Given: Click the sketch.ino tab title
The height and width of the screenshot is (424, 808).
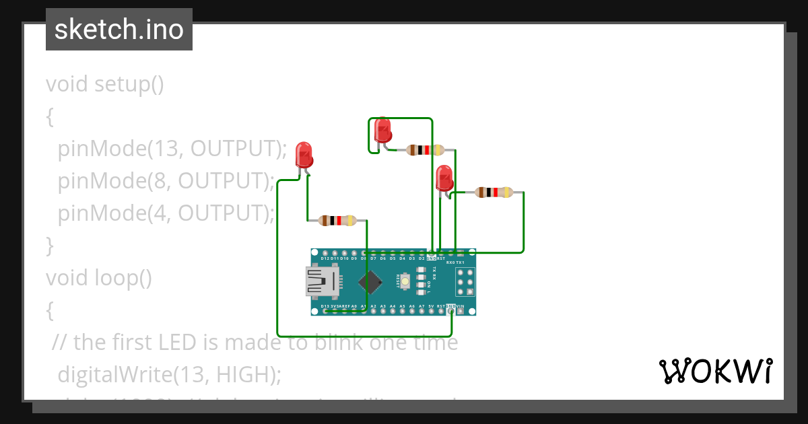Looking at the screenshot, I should (119, 30).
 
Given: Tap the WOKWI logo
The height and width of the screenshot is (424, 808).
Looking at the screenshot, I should (715, 371).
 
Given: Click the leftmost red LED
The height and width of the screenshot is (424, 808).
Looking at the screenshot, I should (304, 155).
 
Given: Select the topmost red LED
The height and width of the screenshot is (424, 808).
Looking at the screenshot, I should (382, 130).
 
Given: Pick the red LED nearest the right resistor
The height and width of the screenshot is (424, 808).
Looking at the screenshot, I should (444, 178).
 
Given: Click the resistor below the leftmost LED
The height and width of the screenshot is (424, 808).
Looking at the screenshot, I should (338, 220).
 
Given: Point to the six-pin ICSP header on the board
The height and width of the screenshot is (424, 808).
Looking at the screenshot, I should (465, 282).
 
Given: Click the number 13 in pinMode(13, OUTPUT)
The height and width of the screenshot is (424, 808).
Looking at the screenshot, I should (162, 149).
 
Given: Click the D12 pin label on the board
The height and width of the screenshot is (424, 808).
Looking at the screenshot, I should (325, 258).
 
